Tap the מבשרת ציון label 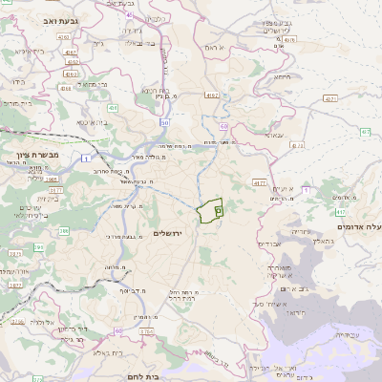[x=38, y=153]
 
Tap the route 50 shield [x=164, y=122]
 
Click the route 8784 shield [x=144, y=331]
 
